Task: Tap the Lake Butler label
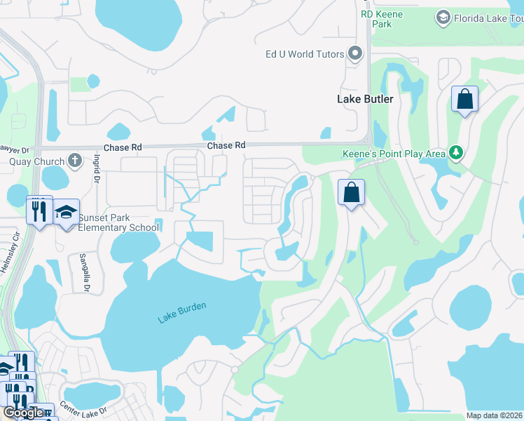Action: (x=365, y=99)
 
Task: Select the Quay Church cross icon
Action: (x=76, y=161)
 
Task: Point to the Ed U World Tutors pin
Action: (x=356, y=53)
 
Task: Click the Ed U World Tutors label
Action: (x=305, y=54)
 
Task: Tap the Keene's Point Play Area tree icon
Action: (x=456, y=152)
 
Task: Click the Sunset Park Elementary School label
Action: (x=118, y=222)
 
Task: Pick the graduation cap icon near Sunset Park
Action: (x=66, y=212)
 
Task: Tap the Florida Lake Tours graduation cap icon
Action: (x=442, y=16)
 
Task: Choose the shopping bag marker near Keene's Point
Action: (x=352, y=192)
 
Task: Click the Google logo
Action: (x=23, y=413)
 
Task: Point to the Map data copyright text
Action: (x=493, y=415)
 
